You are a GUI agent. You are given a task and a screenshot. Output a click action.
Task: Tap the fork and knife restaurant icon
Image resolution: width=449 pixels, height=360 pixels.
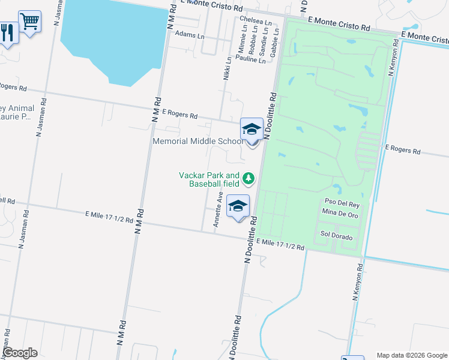point(7,31)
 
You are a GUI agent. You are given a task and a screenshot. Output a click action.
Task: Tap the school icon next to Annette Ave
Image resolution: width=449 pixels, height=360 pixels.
point(238,207)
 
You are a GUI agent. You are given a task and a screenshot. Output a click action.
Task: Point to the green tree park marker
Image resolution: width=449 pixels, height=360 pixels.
point(249,178)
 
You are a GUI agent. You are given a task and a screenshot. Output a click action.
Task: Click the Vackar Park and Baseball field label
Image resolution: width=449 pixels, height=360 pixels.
point(209,179)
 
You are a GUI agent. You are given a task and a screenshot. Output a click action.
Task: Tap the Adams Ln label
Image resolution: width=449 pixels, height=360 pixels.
point(188,35)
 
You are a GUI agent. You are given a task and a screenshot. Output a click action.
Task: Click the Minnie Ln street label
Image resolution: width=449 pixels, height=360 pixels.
point(242,42)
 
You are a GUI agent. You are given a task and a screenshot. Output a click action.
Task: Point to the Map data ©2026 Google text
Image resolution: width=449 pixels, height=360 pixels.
point(411,355)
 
